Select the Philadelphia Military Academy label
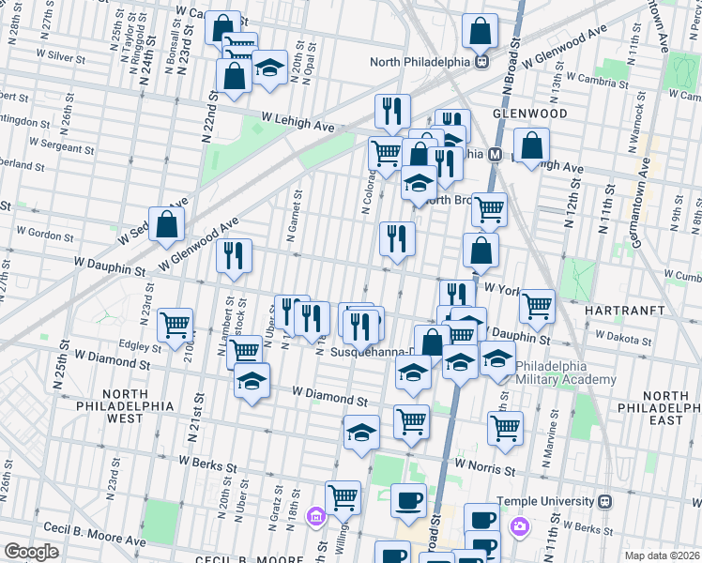[562, 373]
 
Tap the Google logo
[31, 552]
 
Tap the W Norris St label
[485, 464]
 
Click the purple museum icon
[315, 516]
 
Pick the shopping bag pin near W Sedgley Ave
[166, 223]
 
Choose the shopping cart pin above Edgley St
[175, 325]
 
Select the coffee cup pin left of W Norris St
[407, 499]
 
